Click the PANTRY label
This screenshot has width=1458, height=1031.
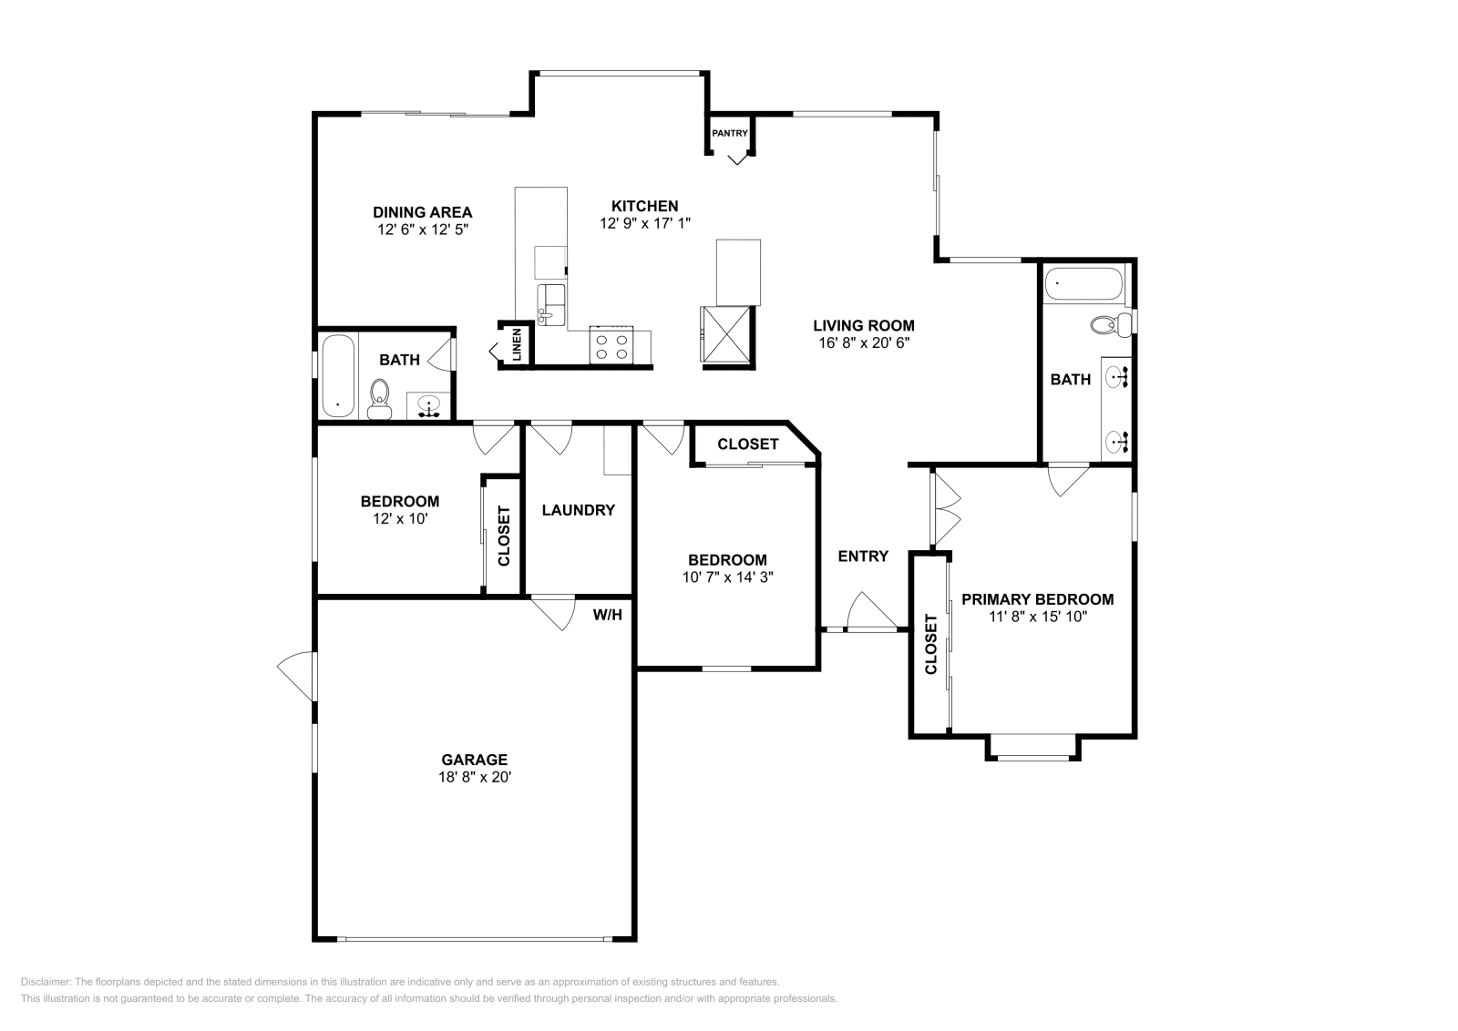click(729, 134)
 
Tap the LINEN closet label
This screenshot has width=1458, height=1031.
click(517, 345)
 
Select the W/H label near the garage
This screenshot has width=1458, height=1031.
click(607, 615)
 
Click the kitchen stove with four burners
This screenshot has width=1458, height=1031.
click(611, 346)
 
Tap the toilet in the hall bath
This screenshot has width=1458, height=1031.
click(379, 397)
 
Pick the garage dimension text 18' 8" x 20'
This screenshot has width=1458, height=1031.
click(474, 777)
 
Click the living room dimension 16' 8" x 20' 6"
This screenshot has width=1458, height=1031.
click(863, 343)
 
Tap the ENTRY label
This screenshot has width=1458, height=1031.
click(862, 556)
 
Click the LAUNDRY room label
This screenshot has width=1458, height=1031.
click(578, 510)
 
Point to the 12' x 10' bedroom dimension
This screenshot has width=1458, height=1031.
click(399, 518)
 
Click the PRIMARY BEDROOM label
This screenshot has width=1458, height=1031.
click(1037, 599)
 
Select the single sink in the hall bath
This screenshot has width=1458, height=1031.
click(428, 403)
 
